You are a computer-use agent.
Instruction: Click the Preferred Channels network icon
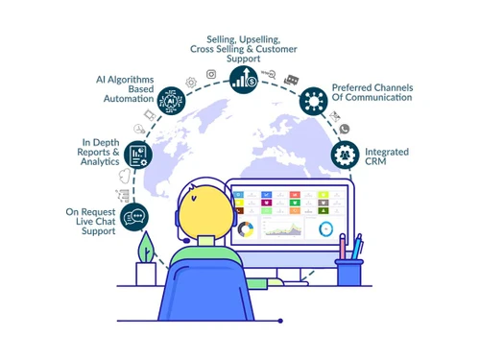(314, 100)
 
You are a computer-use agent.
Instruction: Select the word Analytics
(100, 162)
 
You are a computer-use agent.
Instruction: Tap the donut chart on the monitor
(247, 230)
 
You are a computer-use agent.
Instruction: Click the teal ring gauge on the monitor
(326, 228)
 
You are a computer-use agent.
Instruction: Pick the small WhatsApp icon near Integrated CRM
(344, 129)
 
